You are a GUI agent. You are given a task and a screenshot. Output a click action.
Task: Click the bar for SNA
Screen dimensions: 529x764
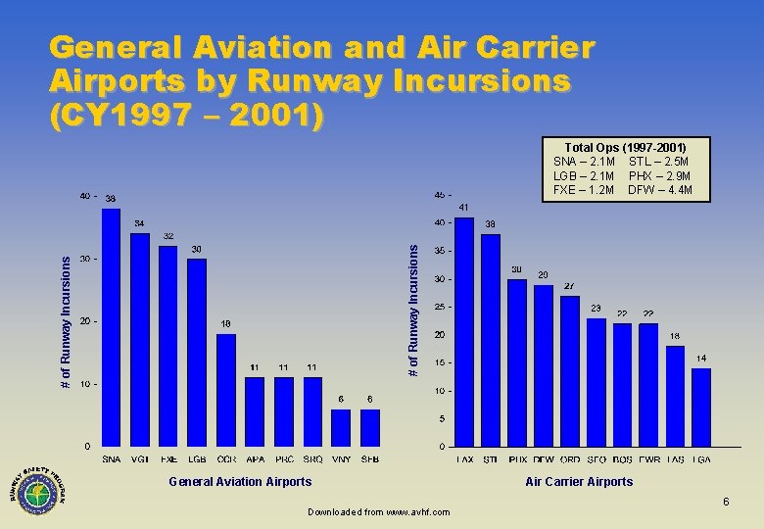point(111,327)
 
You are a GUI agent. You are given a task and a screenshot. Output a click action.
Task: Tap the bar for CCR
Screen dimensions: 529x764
point(226,390)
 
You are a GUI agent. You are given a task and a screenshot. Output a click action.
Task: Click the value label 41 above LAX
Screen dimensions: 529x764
point(463,208)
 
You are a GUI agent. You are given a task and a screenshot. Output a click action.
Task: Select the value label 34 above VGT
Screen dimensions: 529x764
point(140,222)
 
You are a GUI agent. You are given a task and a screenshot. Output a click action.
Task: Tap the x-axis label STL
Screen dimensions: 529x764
point(490,459)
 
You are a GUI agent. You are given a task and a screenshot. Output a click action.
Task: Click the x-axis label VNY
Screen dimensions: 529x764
point(341,459)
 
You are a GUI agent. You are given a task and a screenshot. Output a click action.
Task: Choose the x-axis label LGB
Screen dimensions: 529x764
point(197,459)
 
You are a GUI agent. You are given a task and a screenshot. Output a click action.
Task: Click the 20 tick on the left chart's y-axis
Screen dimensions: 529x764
point(87,321)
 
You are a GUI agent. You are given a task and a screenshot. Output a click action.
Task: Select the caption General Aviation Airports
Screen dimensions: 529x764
point(240,481)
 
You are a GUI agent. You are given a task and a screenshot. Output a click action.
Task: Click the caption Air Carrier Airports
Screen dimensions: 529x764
point(579,481)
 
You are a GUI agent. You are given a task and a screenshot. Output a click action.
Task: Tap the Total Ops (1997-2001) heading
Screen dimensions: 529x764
point(624,147)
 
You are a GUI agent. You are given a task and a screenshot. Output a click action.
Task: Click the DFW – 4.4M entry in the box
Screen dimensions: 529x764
point(660,189)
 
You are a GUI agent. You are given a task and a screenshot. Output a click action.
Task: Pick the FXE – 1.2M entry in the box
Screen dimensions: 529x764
point(584,189)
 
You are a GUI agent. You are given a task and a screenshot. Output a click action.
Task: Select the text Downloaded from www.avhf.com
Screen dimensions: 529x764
point(378,512)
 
